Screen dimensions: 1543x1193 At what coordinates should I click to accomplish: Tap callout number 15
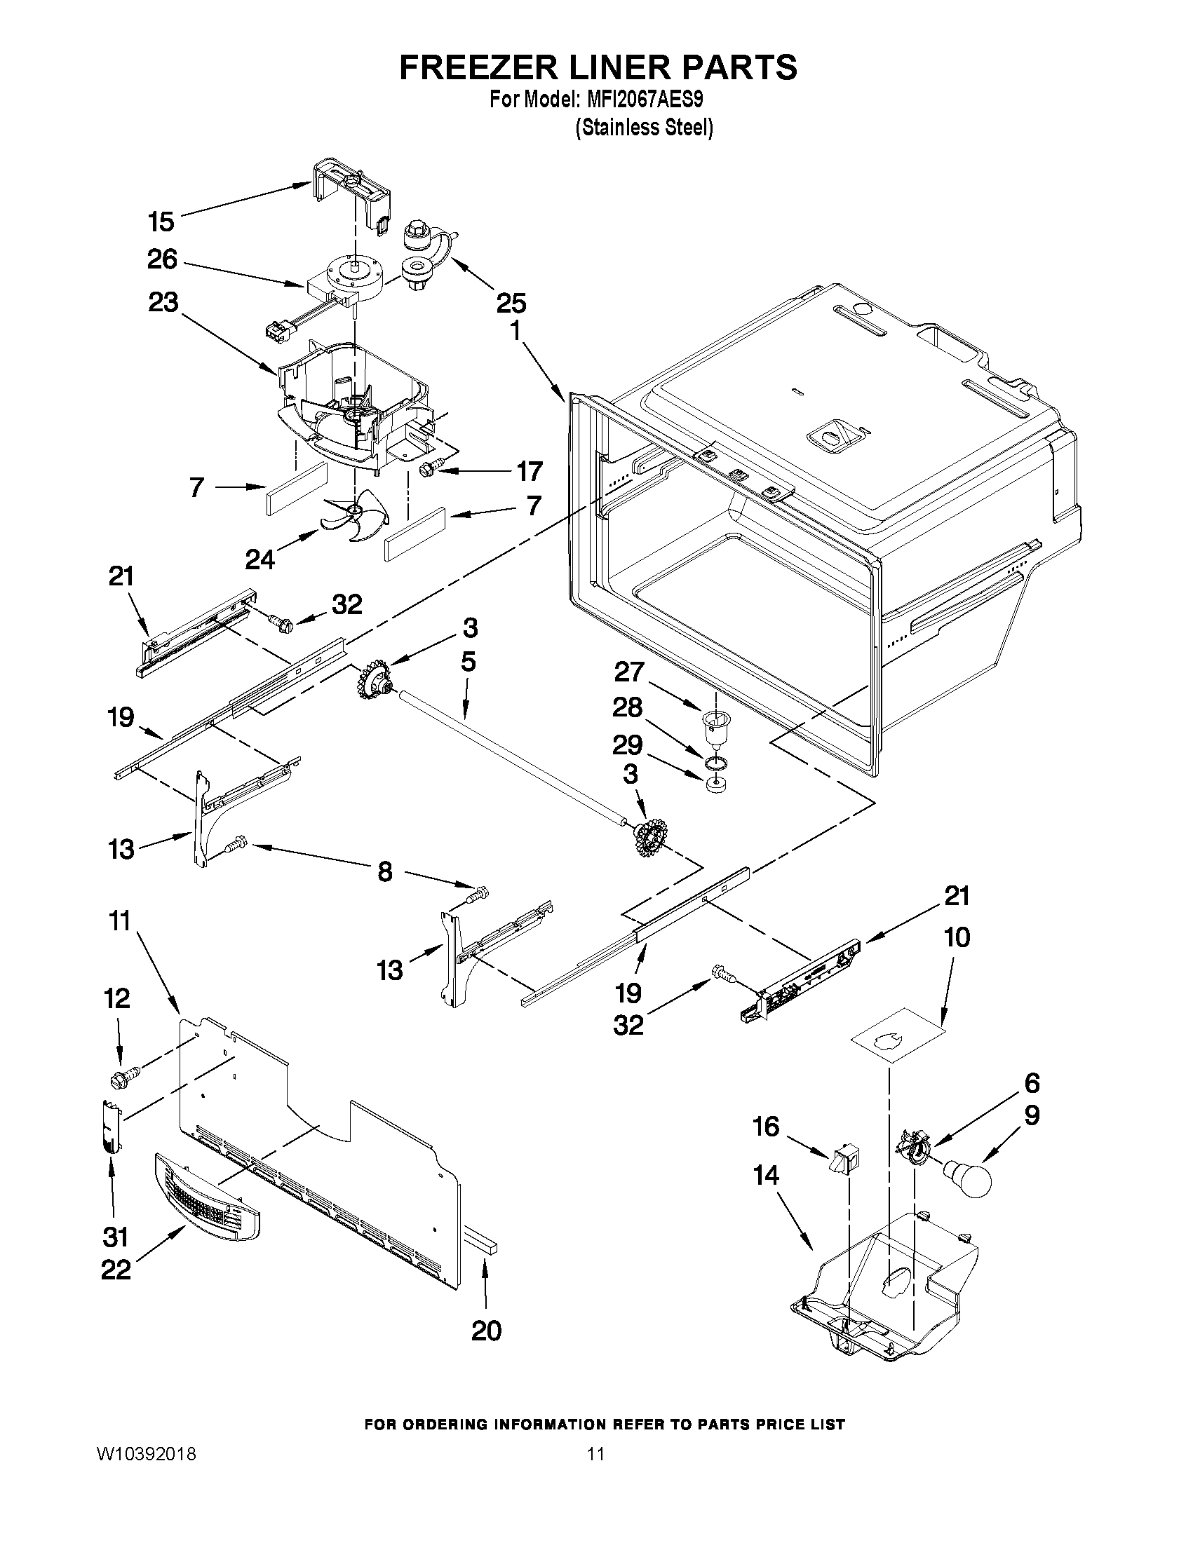[x=161, y=222]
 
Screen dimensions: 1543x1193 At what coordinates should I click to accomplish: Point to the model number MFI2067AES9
[x=645, y=100]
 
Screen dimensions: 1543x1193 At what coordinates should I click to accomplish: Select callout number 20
[x=486, y=1331]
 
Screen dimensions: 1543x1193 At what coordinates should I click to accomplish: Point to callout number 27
[x=628, y=672]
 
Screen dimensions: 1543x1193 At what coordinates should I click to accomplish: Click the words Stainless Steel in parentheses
[x=643, y=128]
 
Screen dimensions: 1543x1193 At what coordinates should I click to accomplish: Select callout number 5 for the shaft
[x=468, y=662]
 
